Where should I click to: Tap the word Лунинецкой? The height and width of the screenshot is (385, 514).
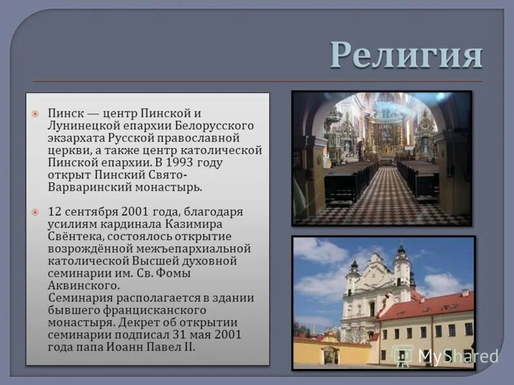coord(84,125)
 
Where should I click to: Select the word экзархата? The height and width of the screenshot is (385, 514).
coord(74,137)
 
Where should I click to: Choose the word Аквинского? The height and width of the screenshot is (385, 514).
coord(84,286)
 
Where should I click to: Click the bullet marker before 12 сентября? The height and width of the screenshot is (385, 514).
coord(37,212)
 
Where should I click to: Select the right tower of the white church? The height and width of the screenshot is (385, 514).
coord(402,269)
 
